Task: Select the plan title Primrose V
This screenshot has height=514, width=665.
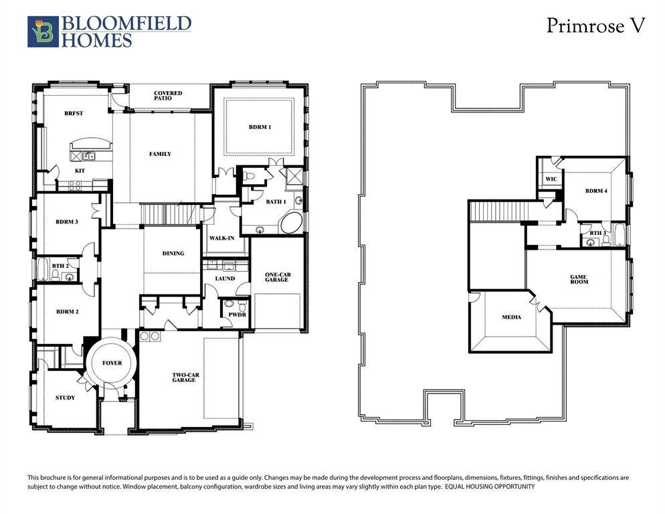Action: click(595, 25)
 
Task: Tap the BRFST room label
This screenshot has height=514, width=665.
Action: click(74, 114)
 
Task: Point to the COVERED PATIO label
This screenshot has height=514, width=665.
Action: click(168, 96)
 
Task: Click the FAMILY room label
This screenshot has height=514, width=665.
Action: click(160, 154)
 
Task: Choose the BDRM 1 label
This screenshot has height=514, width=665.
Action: click(260, 126)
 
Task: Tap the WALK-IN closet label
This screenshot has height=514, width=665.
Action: click(220, 238)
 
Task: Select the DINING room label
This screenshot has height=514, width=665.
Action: click(173, 254)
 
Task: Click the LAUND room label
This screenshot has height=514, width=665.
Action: click(225, 278)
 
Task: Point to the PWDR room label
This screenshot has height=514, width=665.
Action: click(237, 313)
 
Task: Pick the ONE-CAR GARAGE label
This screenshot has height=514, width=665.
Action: click(276, 276)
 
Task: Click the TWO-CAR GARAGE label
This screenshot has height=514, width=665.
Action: click(184, 377)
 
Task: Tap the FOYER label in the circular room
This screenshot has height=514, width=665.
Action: click(112, 363)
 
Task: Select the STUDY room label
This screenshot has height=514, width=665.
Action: click(65, 398)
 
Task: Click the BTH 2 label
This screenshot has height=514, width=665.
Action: click(60, 266)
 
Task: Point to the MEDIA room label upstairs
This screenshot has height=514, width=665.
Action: click(511, 317)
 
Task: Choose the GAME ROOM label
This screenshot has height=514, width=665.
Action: click(578, 280)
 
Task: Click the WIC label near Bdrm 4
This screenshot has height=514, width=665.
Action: click(551, 179)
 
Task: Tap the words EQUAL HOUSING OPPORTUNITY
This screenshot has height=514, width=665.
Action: click(490, 487)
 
